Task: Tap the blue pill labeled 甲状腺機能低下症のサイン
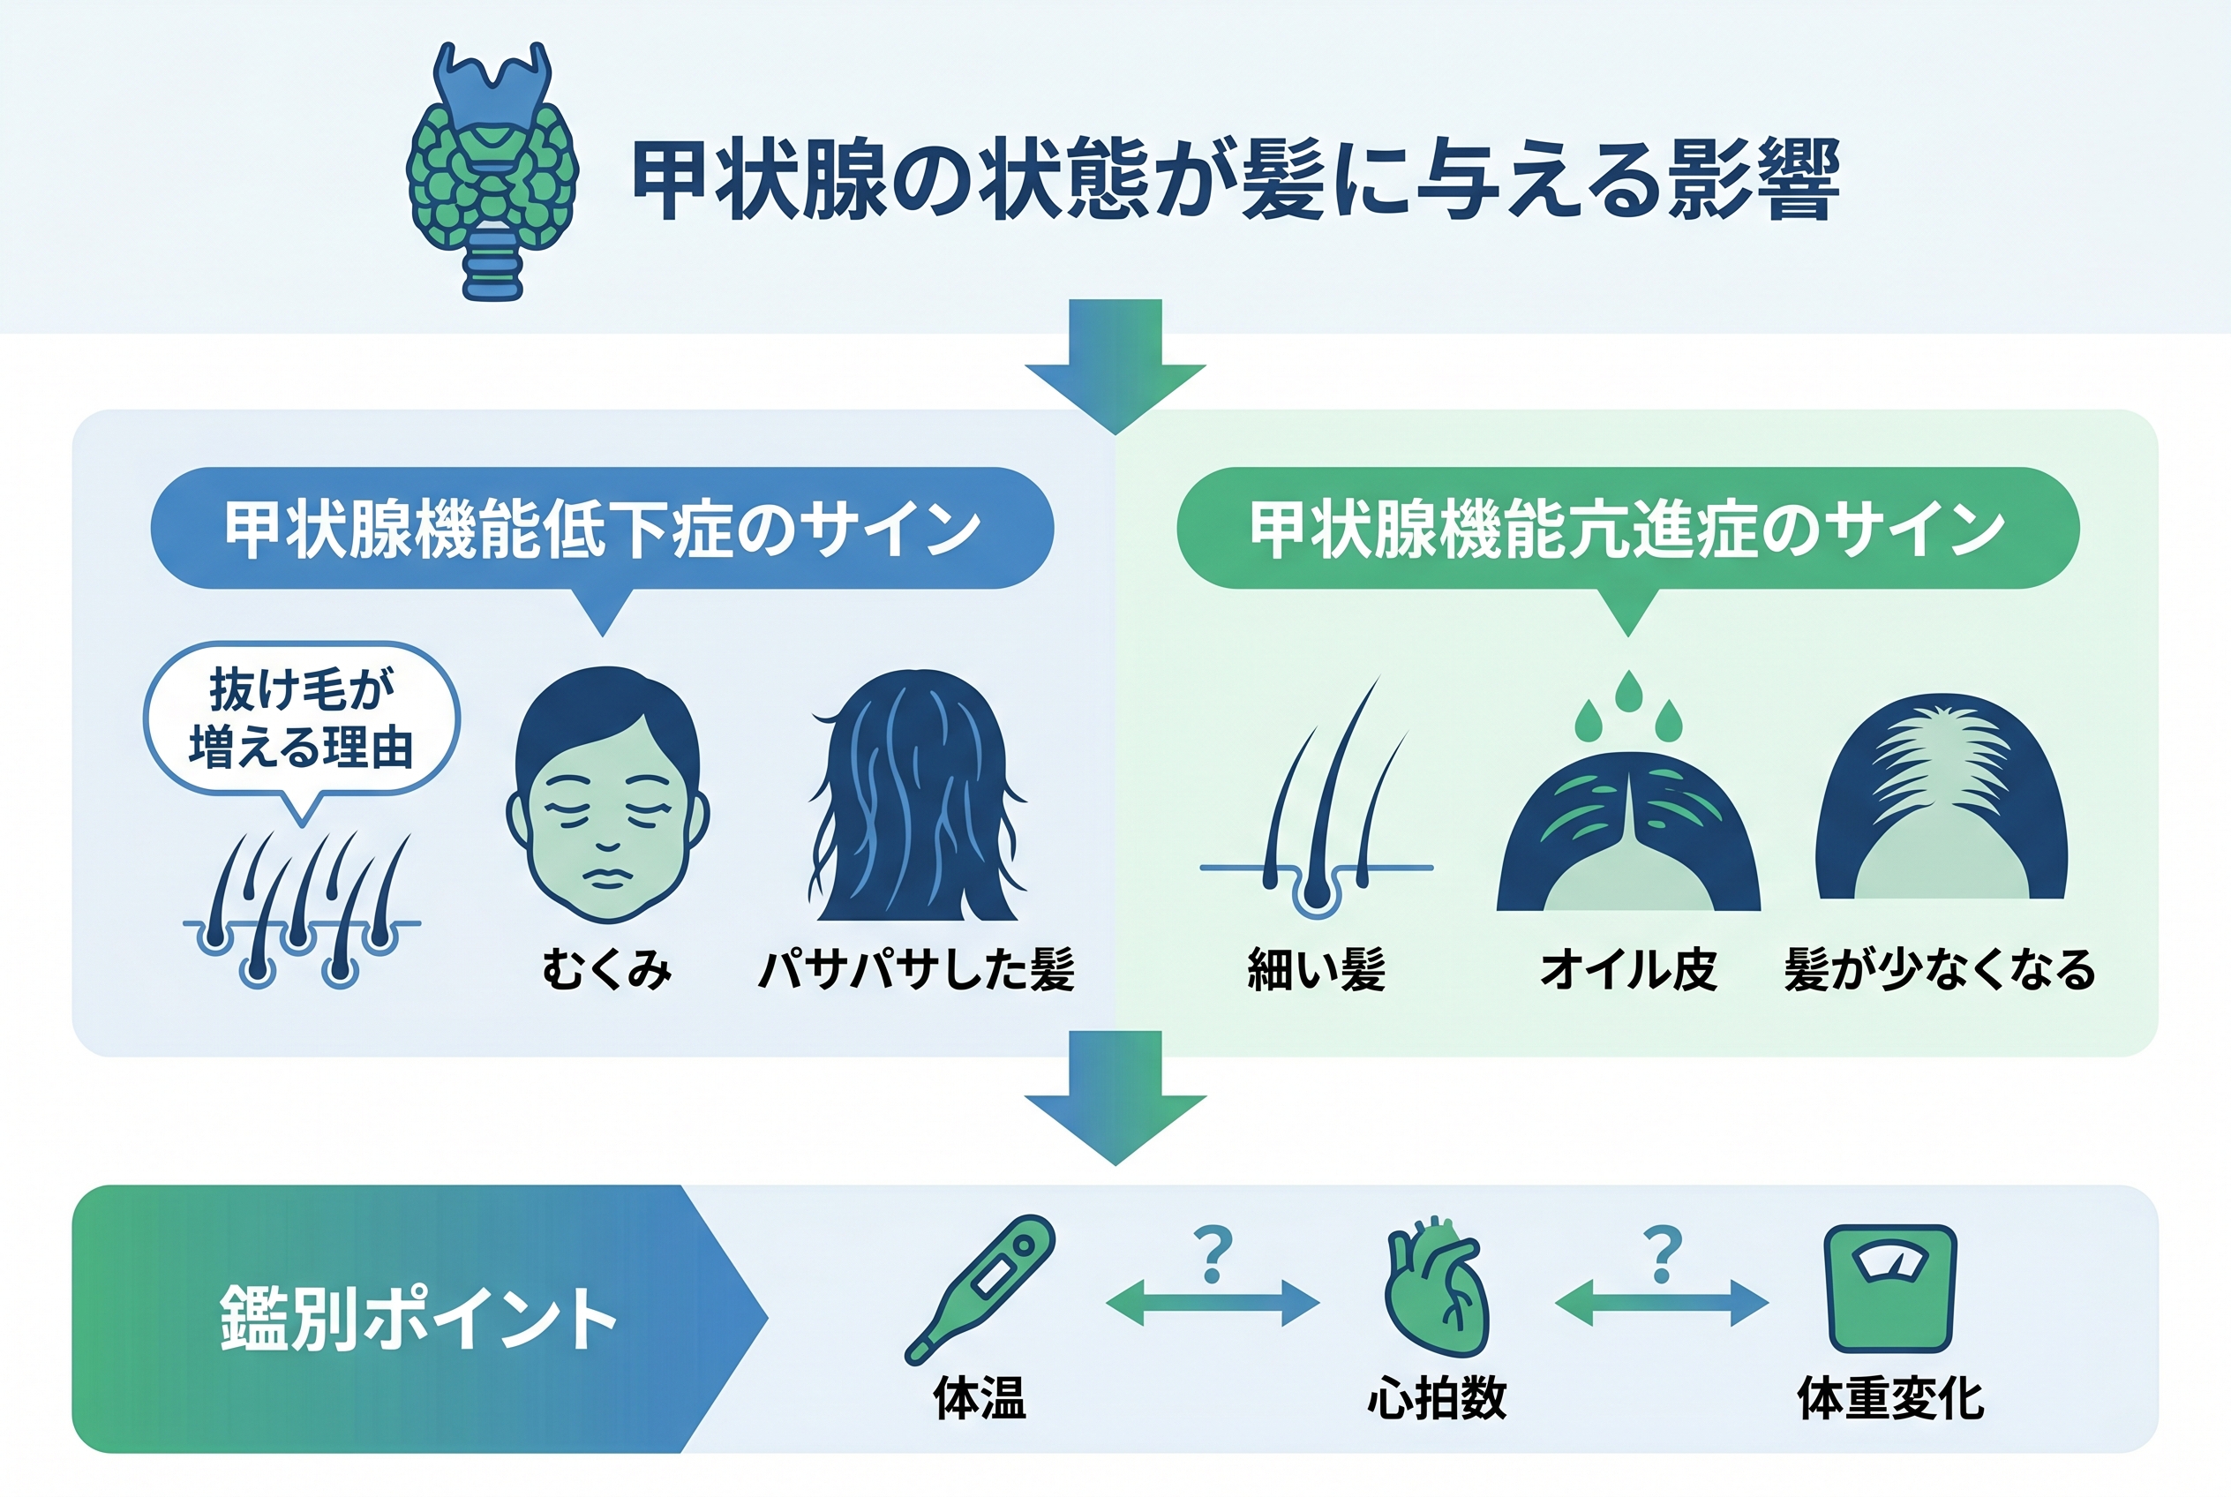(x=603, y=528)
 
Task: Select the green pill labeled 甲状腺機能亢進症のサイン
(x=1627, y=528)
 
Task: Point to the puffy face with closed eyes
(x=607, y=794)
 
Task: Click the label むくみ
(x=607, y=969)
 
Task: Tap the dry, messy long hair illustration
(x=915, y=794)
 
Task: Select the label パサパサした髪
(x=916, y=969)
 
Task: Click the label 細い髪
(x=1317, y=969)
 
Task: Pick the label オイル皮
(x=1628, y=969)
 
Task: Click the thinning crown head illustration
(x=1941, y=796)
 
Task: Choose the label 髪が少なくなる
(x=1940, y=969)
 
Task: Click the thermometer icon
(x=980, y=1288)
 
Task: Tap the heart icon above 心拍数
(x=1437, y=1287)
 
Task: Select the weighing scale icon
(x=1890, y=1289)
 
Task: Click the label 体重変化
(x=1890, y=1399)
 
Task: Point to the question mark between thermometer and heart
(x=1213, y=1255)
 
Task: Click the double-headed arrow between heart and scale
(x=1662, y=1302)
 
